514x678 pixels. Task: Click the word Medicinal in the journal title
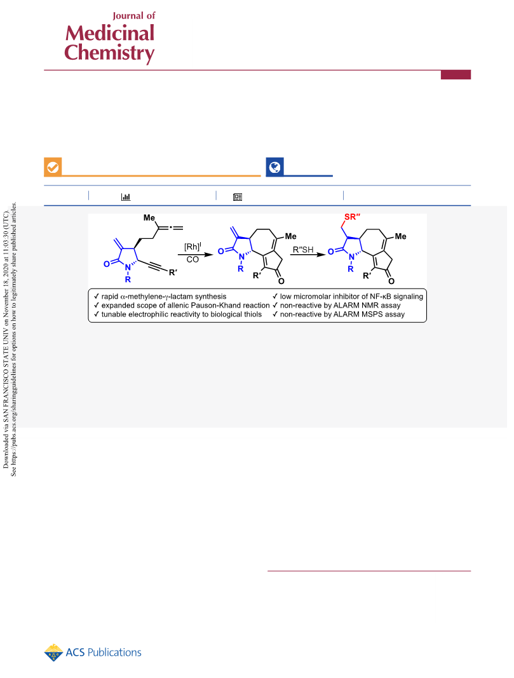[110, 33]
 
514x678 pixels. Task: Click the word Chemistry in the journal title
[109, 53]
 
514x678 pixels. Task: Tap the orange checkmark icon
[53, 167]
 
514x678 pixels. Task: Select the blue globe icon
[274, 167]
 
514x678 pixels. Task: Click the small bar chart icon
[126, 197]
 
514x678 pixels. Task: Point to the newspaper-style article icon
[238, 197]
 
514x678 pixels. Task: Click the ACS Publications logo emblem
[53, 653]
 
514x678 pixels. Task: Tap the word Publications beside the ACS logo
[114, 653]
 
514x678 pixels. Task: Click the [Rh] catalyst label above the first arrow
[193, 247]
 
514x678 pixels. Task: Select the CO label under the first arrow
[193, 259]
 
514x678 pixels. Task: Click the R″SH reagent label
[303, 250]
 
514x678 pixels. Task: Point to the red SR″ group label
[353, 217]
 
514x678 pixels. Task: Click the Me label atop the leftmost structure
[149, 217]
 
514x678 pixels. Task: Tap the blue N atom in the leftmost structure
[128, 268]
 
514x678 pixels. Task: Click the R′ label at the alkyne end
[173, 273]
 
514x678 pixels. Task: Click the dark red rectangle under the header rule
[456, 75]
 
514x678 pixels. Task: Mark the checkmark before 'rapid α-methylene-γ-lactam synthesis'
[97, 296]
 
